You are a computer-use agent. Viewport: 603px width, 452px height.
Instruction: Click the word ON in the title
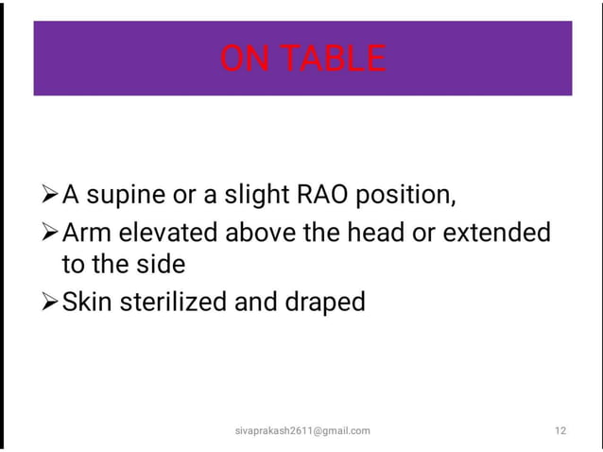click(244, 60)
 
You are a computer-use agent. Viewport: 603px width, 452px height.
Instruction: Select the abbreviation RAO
click(330, 196)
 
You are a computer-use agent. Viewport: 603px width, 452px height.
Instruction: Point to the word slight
click(254, 197)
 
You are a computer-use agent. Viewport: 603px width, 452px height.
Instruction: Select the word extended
click(502, 232)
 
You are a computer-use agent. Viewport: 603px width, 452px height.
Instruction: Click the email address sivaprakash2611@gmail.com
click(302, 430)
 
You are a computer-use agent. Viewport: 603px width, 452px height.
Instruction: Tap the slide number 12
click(560, 430)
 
